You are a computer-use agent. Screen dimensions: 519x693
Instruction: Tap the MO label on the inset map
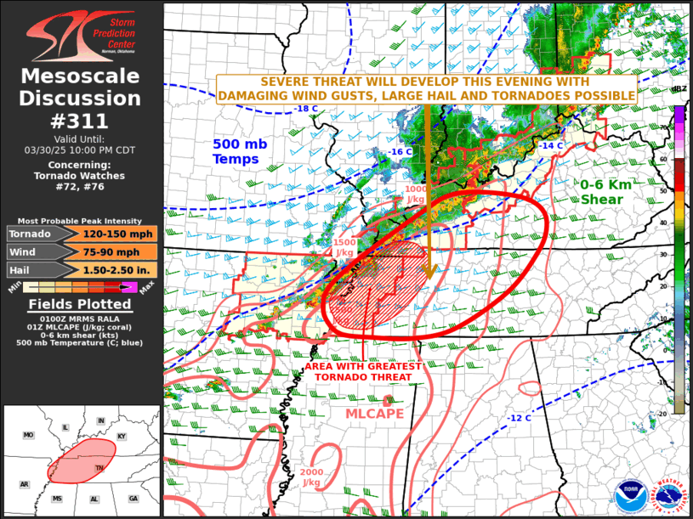tap(28, 435)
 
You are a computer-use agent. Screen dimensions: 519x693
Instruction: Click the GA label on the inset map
tap(133, 499)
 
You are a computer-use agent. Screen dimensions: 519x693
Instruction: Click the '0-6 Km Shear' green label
tap(608, 193)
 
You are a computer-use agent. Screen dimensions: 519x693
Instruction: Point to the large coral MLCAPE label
tap(374, 414)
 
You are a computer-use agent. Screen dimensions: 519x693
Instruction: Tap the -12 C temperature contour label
tap(519, 418)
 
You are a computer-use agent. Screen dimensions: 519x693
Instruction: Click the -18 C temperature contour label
tap(304, 110)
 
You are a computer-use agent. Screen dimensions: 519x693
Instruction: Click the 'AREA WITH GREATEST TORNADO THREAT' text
tap(363, 371)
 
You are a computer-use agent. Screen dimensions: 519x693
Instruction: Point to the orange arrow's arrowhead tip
tap(429, 279)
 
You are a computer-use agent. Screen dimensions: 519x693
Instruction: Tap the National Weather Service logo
tap(667, 496)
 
